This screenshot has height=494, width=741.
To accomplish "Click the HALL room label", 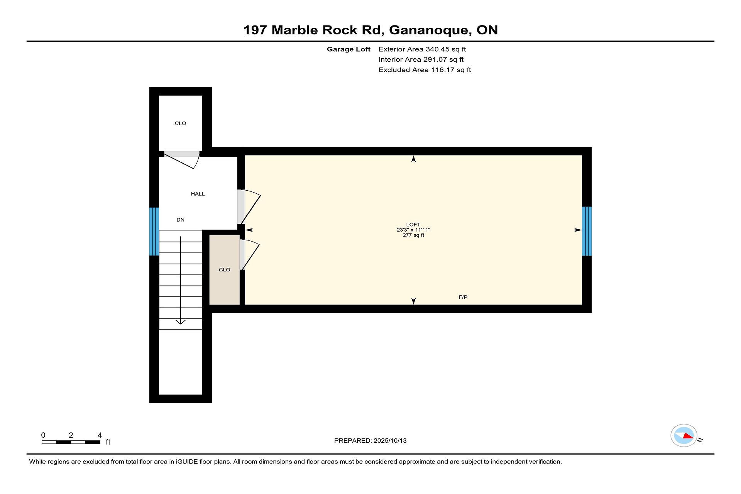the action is (x=198, y=194).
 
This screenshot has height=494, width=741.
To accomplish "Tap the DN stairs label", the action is (x=180, y=220).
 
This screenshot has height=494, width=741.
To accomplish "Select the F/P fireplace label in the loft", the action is (x=463, y=297).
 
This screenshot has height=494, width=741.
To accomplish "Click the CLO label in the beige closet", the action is (x=224, y=270).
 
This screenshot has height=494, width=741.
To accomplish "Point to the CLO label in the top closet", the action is (x=180, y=123).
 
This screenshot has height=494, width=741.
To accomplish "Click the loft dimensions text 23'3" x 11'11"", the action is (x=413, y=230).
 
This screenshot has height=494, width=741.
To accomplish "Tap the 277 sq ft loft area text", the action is (x=413, y=235).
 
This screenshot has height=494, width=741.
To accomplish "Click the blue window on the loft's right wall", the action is (x=587, y=231).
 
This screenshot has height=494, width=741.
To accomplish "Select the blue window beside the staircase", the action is (x=154, y=232).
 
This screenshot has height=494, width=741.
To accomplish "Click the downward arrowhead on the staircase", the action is (x=181, y=322).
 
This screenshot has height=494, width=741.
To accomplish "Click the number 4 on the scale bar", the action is (x=100, y=435).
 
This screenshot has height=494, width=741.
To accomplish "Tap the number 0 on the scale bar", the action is (x=43, y=435).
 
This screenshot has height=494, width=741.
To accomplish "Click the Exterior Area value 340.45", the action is (x=437, y=49).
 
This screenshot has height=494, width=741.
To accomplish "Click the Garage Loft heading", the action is (x=349, y=49).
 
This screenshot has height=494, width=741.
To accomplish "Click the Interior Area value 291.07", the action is (x=435, y=59).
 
